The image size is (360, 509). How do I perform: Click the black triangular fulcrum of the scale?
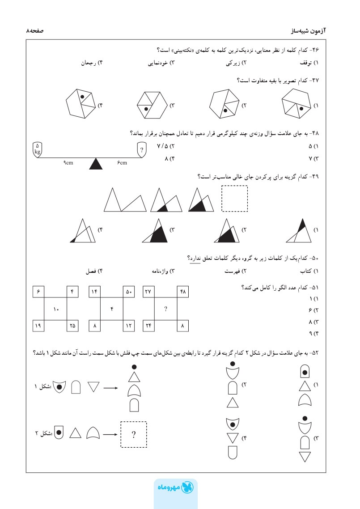point(96,164)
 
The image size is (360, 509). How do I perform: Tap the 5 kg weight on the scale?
point(38,148)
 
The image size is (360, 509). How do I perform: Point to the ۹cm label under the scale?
point(68,163)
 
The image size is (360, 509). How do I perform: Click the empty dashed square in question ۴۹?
point(234,198)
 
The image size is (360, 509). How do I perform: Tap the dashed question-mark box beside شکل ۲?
point(133,434)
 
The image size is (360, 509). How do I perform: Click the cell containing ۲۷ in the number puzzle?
point(148,292)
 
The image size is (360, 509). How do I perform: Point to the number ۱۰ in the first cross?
point(56,309)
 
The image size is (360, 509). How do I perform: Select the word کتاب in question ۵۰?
point(306,271)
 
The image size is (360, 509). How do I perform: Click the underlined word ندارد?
point(195,258)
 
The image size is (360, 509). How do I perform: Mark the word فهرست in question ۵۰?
point(233,271)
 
